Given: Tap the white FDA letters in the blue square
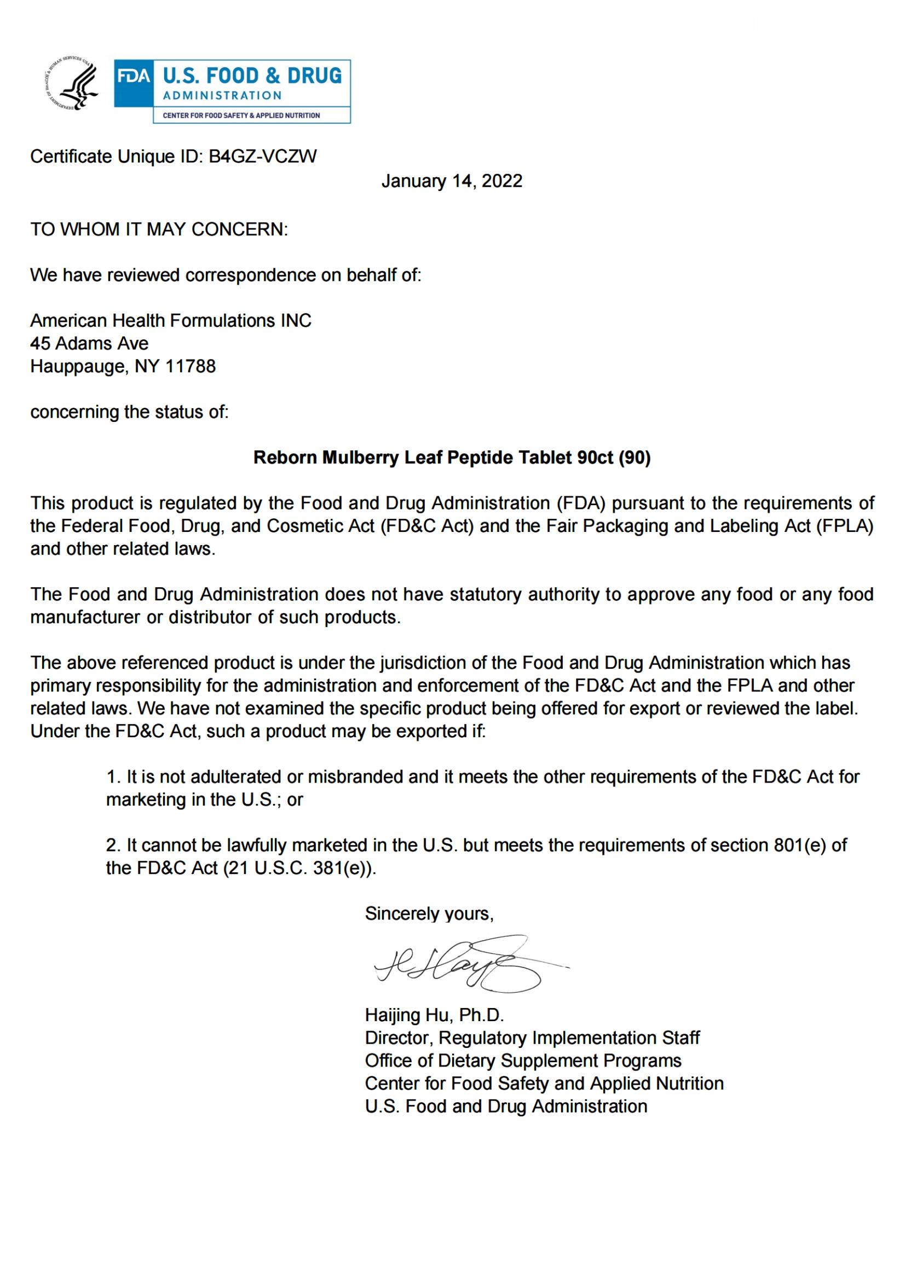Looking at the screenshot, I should [133, 76].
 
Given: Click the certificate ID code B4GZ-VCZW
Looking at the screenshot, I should [263, 157].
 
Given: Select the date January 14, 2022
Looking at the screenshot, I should [452, 181].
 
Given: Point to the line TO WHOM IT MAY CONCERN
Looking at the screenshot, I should [159, 229].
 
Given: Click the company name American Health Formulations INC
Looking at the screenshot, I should [171, 321].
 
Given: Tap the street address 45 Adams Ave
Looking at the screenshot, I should [89, 344].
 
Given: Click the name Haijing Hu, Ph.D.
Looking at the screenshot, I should [434, 1015].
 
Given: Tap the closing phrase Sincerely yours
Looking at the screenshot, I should [429, 914].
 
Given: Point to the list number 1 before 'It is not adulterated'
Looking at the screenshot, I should [113, 777].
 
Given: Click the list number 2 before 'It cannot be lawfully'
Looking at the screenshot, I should [113, 845].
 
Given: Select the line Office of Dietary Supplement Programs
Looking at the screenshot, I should [523, 1061].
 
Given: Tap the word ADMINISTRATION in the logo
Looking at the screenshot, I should [222, 96].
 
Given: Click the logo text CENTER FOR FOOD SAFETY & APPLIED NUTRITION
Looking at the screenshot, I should [241, 115].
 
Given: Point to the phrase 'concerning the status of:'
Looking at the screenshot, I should [129, 412].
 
